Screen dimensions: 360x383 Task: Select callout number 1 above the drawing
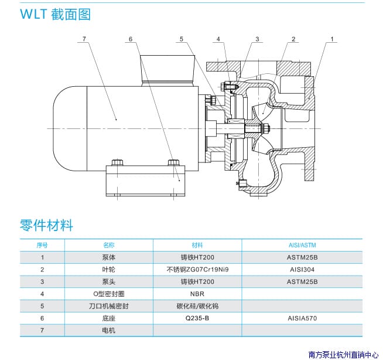(x=332, y=39)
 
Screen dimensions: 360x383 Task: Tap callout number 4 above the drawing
(x=218, y=39)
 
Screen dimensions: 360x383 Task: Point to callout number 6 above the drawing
(x=131, y=39)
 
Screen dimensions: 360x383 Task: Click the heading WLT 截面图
(x=56, y=14)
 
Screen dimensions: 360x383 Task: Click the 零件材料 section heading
(x=46, y=225)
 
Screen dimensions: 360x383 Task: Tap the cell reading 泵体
(x=109, y=257)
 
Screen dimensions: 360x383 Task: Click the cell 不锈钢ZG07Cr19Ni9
(x=197, y=269)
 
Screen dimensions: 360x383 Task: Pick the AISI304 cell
(x=303, y=269)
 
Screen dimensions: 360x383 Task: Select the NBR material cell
(x=197, y=294)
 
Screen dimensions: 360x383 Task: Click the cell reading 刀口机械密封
(x=109, y=306)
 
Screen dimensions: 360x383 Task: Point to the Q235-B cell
(x=197, y=318)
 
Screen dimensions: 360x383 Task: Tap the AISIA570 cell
(x=303, y=318)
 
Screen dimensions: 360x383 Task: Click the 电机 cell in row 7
(x=109, y=331)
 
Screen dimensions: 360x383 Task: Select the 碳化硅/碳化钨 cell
(x=197, y=306)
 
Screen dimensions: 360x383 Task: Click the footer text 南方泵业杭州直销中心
(x=344, y=354)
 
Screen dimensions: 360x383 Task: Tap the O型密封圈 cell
(x=109, y=294)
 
